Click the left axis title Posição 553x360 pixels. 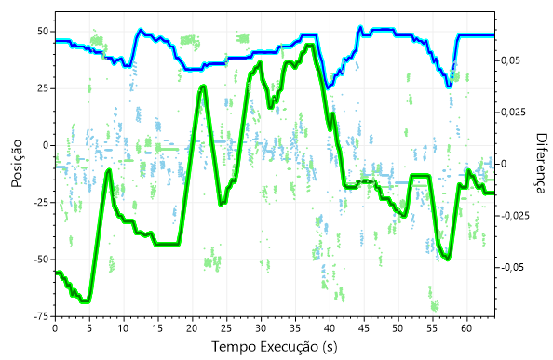(17, 164)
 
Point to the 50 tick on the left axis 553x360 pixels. (41, 31)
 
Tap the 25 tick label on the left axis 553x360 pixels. (41, 88)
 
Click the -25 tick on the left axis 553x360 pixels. (38, 202)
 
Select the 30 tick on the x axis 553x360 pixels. (261, 327)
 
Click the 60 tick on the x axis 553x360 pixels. (466, 327)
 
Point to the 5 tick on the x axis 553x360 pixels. (89, 327)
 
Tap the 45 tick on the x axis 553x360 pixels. (363, 327)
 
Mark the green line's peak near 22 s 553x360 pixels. (204, 87)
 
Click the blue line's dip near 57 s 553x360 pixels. (449, 86)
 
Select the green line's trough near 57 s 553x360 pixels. (448, 258)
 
